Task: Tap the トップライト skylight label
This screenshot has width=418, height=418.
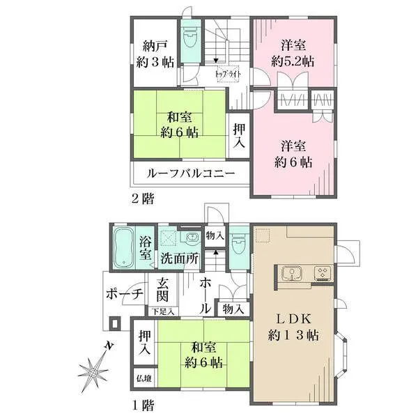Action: coord(228,74)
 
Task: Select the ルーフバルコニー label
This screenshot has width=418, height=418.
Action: coord(191,173)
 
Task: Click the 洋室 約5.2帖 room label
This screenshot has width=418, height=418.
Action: coord(293,54)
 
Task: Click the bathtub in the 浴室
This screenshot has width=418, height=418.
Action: coord(124,247)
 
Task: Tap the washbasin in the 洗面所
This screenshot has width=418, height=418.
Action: coord(192,236)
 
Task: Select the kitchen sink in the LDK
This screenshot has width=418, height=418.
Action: coord(291,273)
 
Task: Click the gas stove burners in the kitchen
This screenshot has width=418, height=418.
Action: coord(323,272)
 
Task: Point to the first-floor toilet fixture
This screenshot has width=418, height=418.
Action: coord(239,243)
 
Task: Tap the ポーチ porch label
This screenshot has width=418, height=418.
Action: coord(125,295)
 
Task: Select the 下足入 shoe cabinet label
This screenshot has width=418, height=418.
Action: coord(163,311)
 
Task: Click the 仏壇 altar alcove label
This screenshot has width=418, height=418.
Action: coord(144,378)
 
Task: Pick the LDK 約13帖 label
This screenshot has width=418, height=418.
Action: coord(293,327)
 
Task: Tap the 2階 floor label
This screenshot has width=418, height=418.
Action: coord(143,199)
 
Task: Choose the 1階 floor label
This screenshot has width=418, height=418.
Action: coord(143,405)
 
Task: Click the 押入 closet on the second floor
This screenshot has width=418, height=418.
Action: coord(239,136)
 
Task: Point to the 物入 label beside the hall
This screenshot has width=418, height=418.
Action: coord(233,309)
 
